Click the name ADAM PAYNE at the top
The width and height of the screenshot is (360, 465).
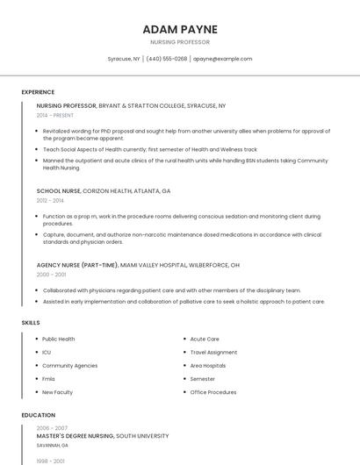point(180,29)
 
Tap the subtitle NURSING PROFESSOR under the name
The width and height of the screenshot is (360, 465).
point(180,42)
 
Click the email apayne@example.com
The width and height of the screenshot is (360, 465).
point(222,59)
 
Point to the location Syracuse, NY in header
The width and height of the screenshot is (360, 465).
point(124,59)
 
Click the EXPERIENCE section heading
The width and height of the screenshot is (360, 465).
point(38,92)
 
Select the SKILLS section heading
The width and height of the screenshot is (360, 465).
point(30,323)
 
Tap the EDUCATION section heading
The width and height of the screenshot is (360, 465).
point(38,415)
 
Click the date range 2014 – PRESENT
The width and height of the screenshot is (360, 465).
point(55,115)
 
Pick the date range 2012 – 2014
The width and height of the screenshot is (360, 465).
point(50,200)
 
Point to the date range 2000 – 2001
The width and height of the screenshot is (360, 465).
point(51,275)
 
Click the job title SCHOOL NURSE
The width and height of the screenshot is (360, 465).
point(58,190)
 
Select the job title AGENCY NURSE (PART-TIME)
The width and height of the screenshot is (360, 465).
point(77,265)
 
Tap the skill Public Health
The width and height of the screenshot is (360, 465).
point(59,339)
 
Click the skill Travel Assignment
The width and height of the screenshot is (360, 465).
point(213,352)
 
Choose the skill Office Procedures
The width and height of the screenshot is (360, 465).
point(213,392)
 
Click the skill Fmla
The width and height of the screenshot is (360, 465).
point(49,379)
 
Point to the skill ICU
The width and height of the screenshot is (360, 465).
point(47,352)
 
